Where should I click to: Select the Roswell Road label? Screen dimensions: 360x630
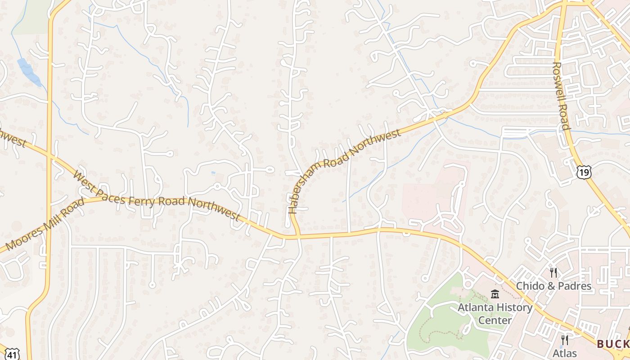[x=561, y=95]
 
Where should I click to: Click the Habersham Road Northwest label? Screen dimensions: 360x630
[x=344, y=171]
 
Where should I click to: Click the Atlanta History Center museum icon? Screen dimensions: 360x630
[x=495, y=294]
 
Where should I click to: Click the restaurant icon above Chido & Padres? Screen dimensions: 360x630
[x=553, y=272]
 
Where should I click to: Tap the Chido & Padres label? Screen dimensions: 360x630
[x=553, y=286]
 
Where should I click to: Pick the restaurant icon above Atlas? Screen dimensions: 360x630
[x=565, y=340]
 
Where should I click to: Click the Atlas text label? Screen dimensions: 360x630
[x=565, y=353]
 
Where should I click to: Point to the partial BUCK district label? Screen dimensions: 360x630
[x=613, y=344]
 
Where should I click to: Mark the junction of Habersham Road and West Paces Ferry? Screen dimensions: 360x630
[x=297, y=235]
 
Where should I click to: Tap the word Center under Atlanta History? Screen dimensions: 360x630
[x=495, y=320]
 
